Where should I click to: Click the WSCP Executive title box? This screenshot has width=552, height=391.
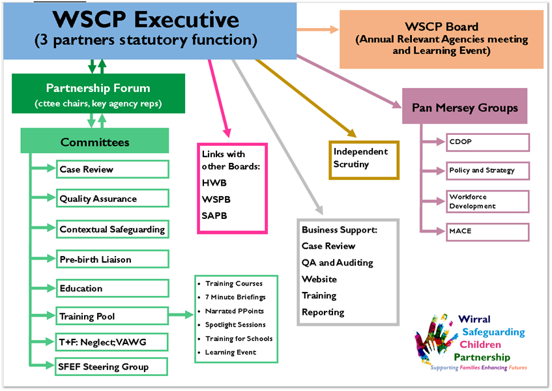click(150, 31)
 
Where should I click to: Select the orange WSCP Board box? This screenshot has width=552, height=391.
click(441, 39)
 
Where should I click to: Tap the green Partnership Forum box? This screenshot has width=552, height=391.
click(98, 94)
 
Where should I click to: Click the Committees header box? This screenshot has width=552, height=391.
click(95, 141)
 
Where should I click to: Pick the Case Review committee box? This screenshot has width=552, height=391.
click(112, 169)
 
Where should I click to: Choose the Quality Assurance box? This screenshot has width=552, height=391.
click(112, 199)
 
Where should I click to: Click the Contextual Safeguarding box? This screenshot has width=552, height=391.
click(112, 229)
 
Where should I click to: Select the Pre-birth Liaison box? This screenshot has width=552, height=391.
click(112, 259)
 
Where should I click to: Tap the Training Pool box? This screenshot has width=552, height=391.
click(112, 317)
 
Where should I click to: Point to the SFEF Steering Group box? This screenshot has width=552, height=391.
click(112, 367)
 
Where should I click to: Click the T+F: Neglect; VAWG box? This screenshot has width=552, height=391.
click(112, 341)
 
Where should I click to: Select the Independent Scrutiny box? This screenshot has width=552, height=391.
click(364, 159)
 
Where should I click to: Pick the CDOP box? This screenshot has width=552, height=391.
click(487, 142)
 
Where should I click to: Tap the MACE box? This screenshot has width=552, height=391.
click(487, 231)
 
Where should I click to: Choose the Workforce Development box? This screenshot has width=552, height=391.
click(487, 201)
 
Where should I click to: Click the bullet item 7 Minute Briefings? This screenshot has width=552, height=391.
click(235, 297)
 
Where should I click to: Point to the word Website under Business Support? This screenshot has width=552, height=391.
click(319, 279)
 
